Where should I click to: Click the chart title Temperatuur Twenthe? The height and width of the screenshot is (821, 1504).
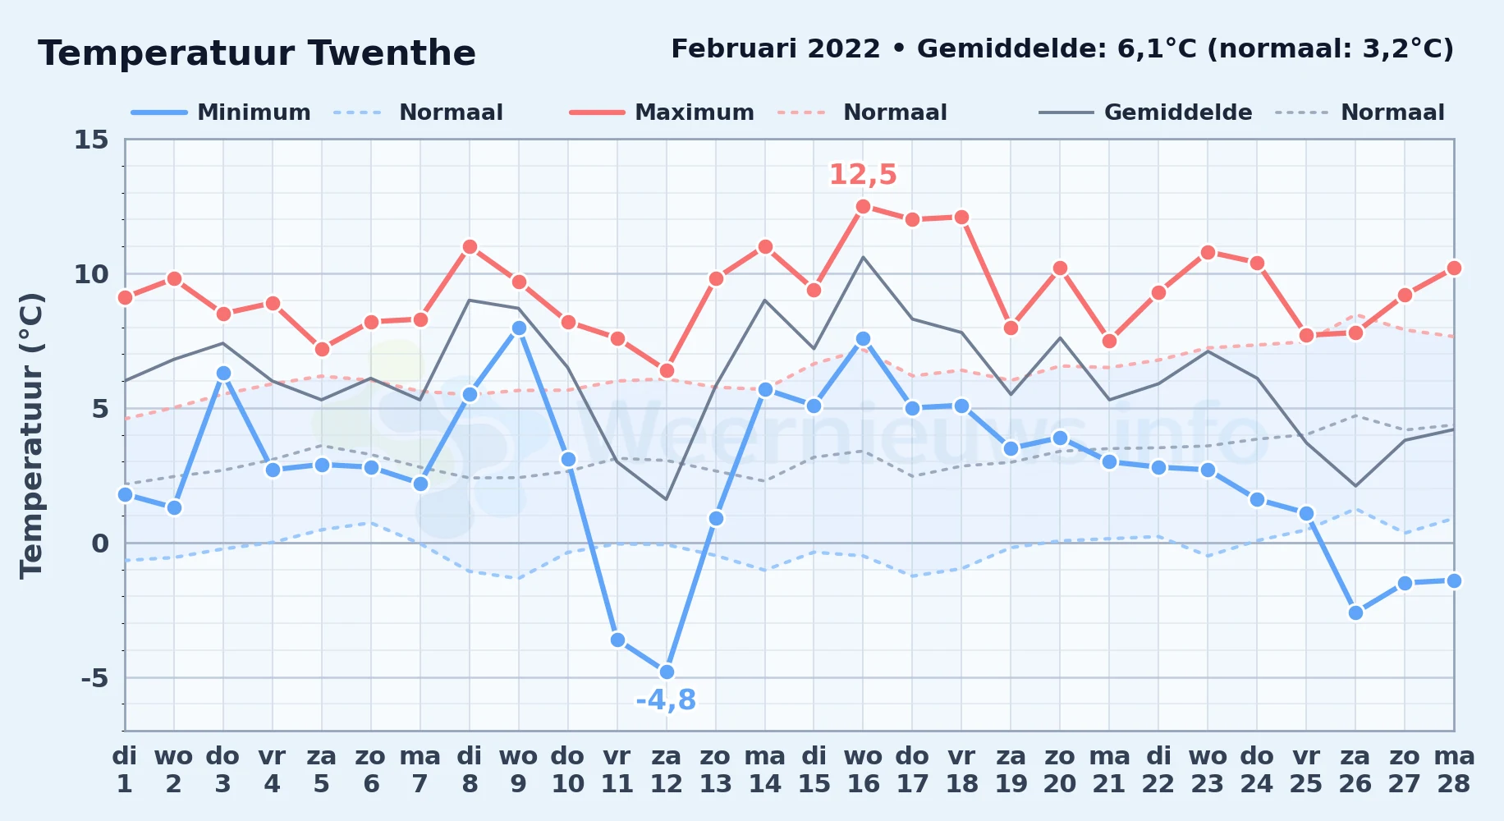257,53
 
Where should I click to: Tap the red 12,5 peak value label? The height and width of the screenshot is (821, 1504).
863,174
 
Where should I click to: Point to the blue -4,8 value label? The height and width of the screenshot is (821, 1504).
666,700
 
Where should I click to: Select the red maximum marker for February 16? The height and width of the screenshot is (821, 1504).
863,206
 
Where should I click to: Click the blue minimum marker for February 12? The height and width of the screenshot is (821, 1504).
667,672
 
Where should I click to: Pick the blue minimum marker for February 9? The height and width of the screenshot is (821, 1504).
519,328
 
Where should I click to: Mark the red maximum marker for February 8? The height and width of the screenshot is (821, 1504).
470,246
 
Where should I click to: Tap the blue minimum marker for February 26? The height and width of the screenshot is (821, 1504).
1355,612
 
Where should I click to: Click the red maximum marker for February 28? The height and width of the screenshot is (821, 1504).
1454,268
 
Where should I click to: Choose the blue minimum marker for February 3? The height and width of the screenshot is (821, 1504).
223,373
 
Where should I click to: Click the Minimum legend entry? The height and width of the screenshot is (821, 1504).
221,112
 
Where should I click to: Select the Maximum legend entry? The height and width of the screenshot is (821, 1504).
662,112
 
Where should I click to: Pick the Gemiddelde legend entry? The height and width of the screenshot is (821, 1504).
1145,112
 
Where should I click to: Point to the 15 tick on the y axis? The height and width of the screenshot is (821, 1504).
91,140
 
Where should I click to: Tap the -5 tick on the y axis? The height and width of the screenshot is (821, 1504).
94,678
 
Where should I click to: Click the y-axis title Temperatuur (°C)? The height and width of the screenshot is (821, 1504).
31,435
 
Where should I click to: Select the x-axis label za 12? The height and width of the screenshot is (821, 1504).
667,770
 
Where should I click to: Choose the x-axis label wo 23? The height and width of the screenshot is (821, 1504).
1208,770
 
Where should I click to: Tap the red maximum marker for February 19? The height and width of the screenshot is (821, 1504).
1011,328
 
